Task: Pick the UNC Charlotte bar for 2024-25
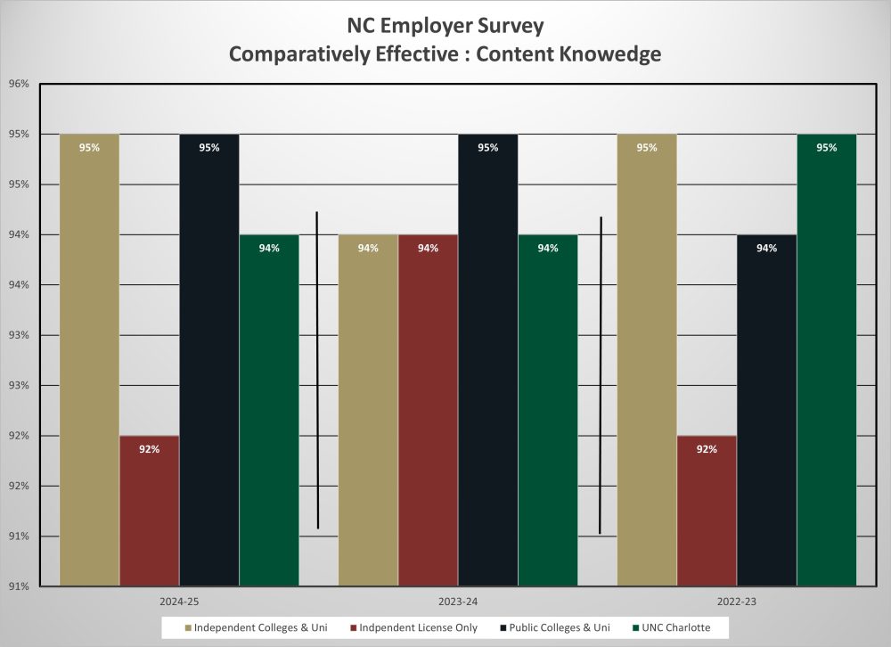click(x=269, y=410)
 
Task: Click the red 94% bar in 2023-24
click(x=428, y=410)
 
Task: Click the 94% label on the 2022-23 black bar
click(x=766, y=249)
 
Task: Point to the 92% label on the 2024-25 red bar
click(x=149, y=449)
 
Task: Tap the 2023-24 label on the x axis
click(x=458, y=602)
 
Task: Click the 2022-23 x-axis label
click(x=736, y=602)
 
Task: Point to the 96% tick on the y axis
click(x=19, y=85)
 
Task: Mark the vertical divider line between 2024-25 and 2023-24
click(x=317, y=370)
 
